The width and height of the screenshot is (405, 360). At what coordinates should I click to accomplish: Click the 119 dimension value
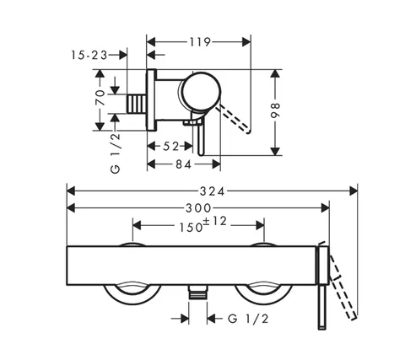[x=199, y=42]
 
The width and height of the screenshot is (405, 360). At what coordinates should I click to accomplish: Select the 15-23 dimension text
[x=89, y=55]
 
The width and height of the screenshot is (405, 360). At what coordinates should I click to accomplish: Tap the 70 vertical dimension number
[x=100, y=98]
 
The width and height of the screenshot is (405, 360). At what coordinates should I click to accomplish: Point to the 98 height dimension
[x=276, y=110]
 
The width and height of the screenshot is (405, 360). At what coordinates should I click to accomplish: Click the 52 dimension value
[x=170, y=146]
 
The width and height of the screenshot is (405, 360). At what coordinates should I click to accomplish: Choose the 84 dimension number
[x=184, y=164]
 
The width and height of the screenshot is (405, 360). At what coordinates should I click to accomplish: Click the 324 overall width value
[x=213, y=191]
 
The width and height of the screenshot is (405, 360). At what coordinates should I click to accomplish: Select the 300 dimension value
[x=198, y=208]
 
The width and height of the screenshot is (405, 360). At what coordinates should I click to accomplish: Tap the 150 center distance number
[x=192, y=227]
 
